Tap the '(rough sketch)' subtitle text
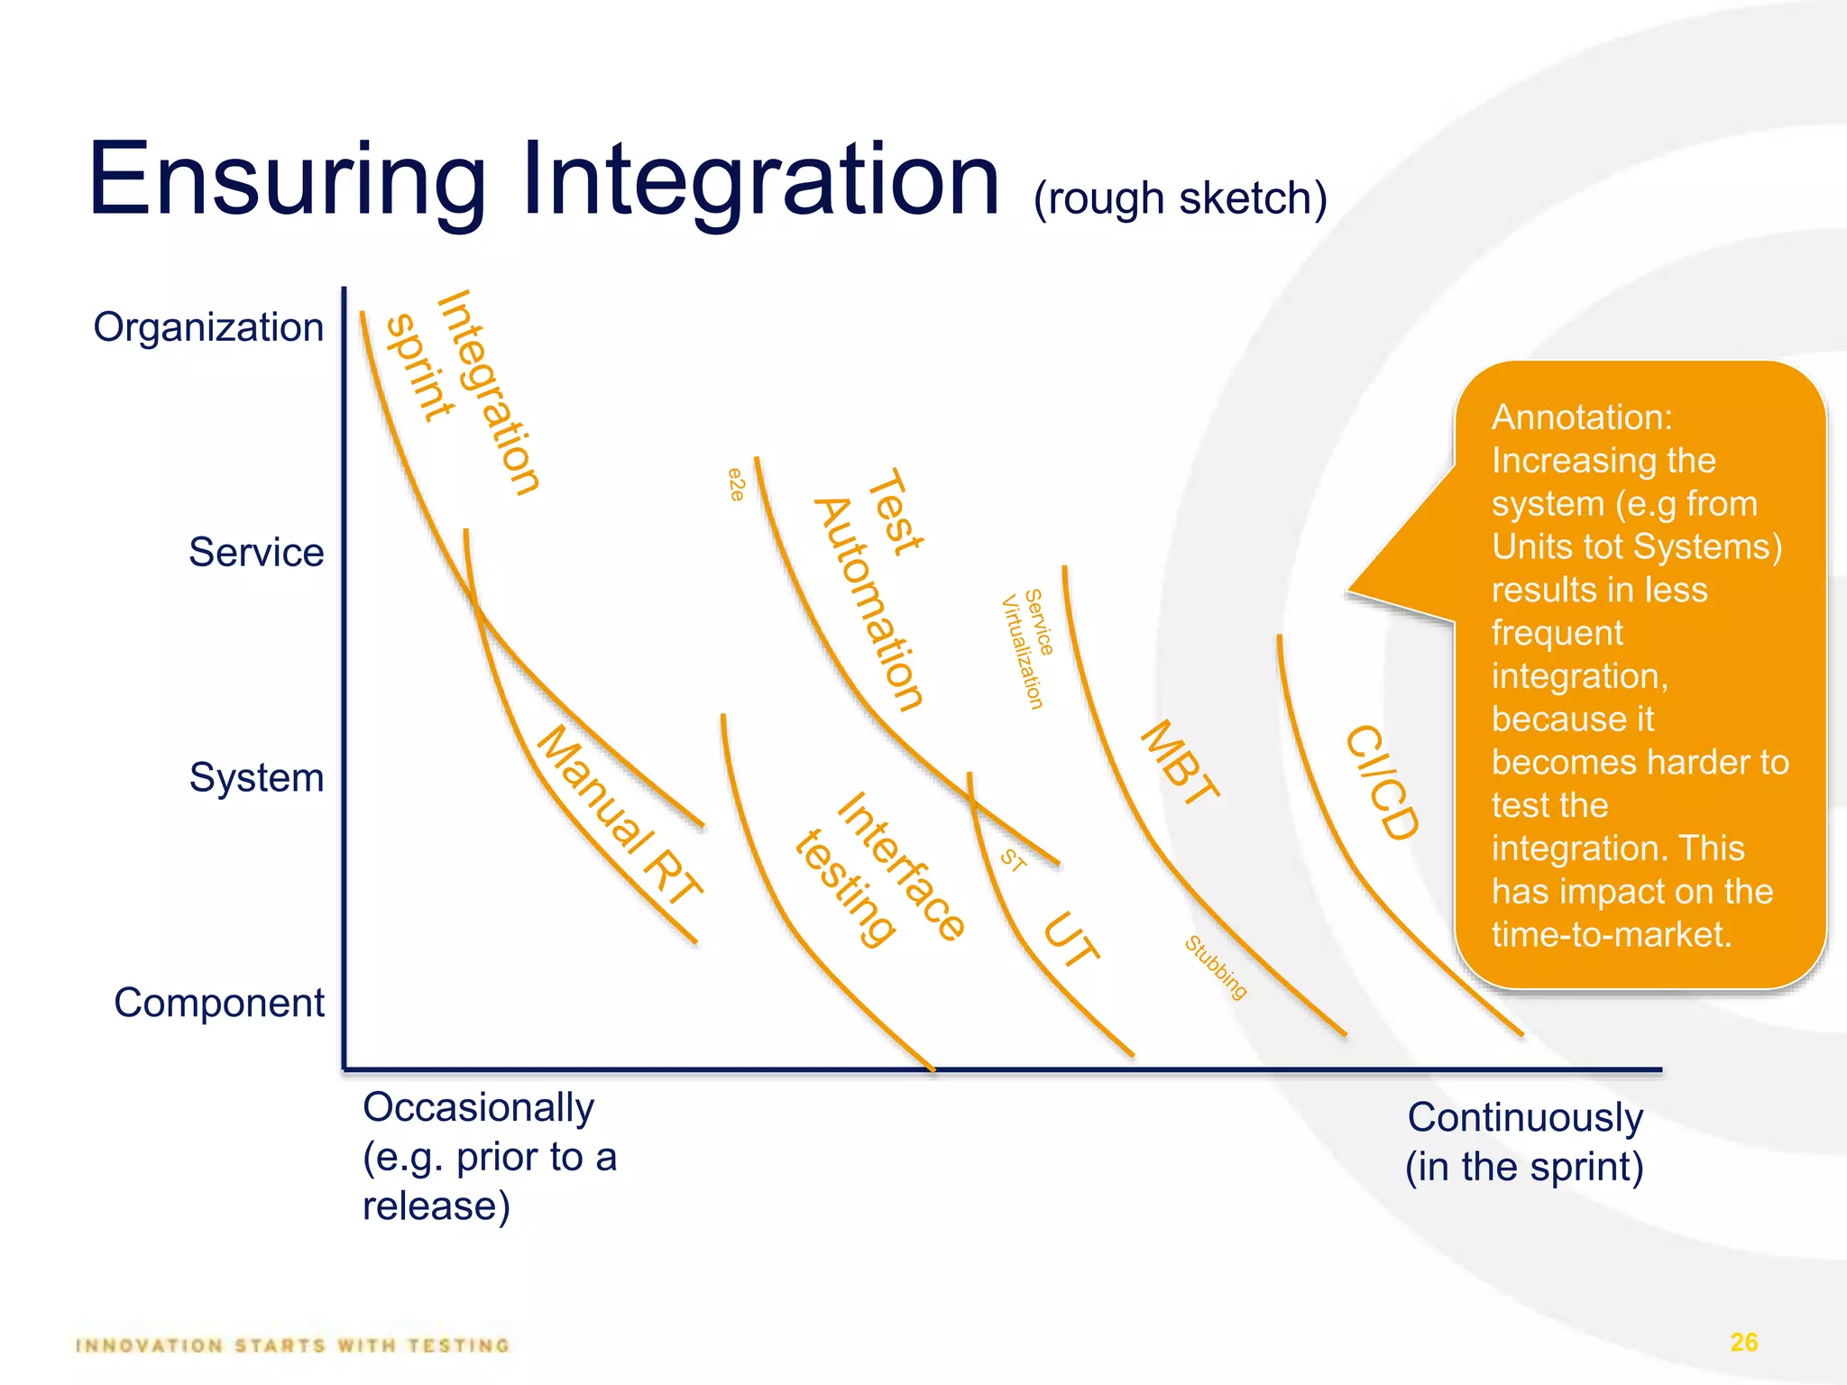(x=1180, y=198)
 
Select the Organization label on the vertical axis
(x=208, y=327)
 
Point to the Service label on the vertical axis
(x=256, y=553)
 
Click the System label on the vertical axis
(x=256, y=777)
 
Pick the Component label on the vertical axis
(x=218, y=1003)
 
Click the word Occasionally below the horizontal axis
(x=478, y=1107)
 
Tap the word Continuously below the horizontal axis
(x=1525, y=1117)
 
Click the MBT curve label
(x=1180, y=763)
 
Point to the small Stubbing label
(x=1216, y=968)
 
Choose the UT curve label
(x=1071, y=940)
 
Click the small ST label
(x=1013, y=860)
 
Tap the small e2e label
(x=737, y=484)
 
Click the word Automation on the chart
(x=868, y=604)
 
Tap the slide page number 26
(x=1743, y=1343)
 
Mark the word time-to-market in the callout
(x=1611, y=934)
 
